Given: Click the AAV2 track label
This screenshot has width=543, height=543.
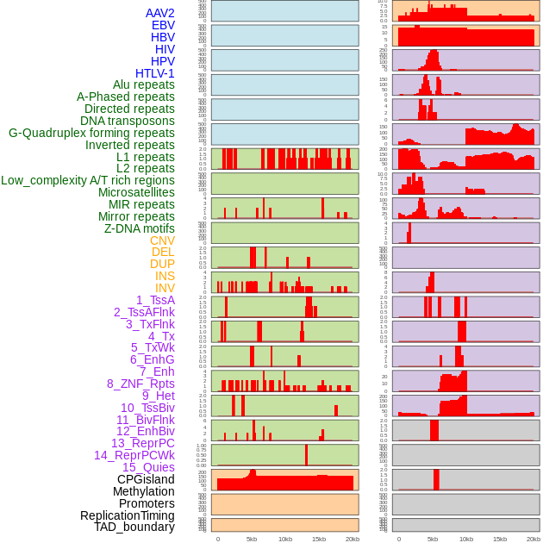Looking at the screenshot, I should [159, 13].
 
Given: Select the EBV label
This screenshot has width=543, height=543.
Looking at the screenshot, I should [163, 25].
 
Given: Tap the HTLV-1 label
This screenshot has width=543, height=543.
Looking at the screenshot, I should [154, 73].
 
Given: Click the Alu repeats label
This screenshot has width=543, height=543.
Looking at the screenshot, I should [143, 84].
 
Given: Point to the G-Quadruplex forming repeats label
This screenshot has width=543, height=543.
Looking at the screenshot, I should [91, 133].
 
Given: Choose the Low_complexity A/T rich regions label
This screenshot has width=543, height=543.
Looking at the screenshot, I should [87, 180].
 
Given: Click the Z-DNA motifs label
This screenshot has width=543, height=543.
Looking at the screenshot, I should [139, 228].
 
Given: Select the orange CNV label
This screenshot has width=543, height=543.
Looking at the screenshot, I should [162, 240].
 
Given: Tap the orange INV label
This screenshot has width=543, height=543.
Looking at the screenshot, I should [165, 288].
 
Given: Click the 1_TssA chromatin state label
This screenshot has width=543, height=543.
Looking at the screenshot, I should [155, 300].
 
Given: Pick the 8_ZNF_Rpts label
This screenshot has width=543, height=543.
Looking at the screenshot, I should [140, 384].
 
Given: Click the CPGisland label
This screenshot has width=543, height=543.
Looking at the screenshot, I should [146, 479].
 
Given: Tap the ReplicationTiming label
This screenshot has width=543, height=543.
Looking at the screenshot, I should [127, 515].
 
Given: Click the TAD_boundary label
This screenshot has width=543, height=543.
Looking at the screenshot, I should [134, 527].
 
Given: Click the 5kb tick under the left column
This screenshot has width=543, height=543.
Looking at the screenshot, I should [252, 539].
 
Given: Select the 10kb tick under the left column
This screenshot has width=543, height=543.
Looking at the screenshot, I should [285, 539].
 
